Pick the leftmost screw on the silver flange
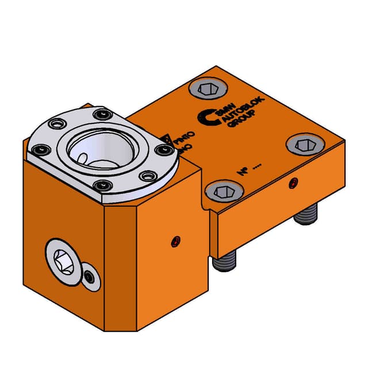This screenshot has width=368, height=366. pos(40,150)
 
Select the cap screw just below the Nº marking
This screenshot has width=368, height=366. pos(221,191)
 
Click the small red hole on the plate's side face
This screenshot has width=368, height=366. pos(294,183)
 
